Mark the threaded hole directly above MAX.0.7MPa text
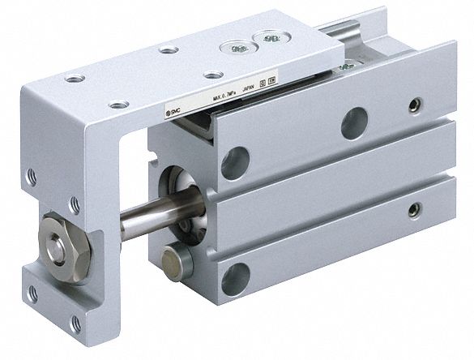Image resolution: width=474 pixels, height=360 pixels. click(213, 75)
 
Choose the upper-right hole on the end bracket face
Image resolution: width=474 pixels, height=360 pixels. click(75, 203)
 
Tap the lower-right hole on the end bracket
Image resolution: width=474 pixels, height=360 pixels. click(75, 323)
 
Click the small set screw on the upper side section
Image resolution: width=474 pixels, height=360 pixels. click(416, 105)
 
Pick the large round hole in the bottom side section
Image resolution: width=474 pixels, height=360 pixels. click(236, 278)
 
